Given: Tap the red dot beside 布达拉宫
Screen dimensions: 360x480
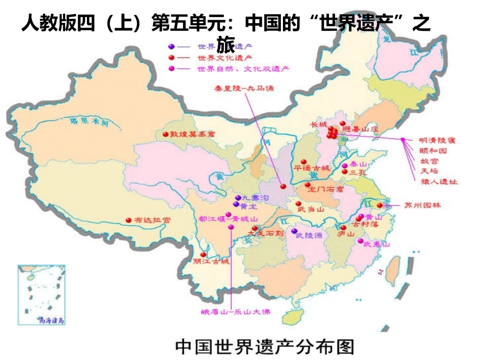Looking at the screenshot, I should tap(127, 220).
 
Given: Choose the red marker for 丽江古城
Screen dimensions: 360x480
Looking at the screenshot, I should tap(203, 254).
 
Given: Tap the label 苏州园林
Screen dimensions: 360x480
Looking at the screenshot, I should tap(422, 205).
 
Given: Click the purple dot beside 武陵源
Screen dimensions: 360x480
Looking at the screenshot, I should tap(294, 231).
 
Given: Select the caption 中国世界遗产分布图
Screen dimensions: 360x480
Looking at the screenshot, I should tap(265, 346).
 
